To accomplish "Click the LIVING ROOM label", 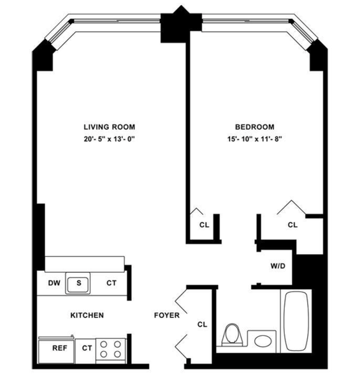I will [x=110, y=127].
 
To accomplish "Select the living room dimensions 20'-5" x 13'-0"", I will [x=110, y=138].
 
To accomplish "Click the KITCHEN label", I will [x=87, y=315].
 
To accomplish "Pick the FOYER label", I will [x=166, y=315].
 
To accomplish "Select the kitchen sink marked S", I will [x=80, y=283].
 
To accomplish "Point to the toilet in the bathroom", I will [x=233, y=336].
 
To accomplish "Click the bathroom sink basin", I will [x=261, y=340].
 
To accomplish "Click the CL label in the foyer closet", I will [x=202, y=324].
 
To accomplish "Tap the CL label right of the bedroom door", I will [x=292, y=225].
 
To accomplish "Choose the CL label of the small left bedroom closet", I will [x=203, y=225].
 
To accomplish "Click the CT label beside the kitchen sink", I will [x=111, y=283].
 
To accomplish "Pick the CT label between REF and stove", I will [x=87, y=349].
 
